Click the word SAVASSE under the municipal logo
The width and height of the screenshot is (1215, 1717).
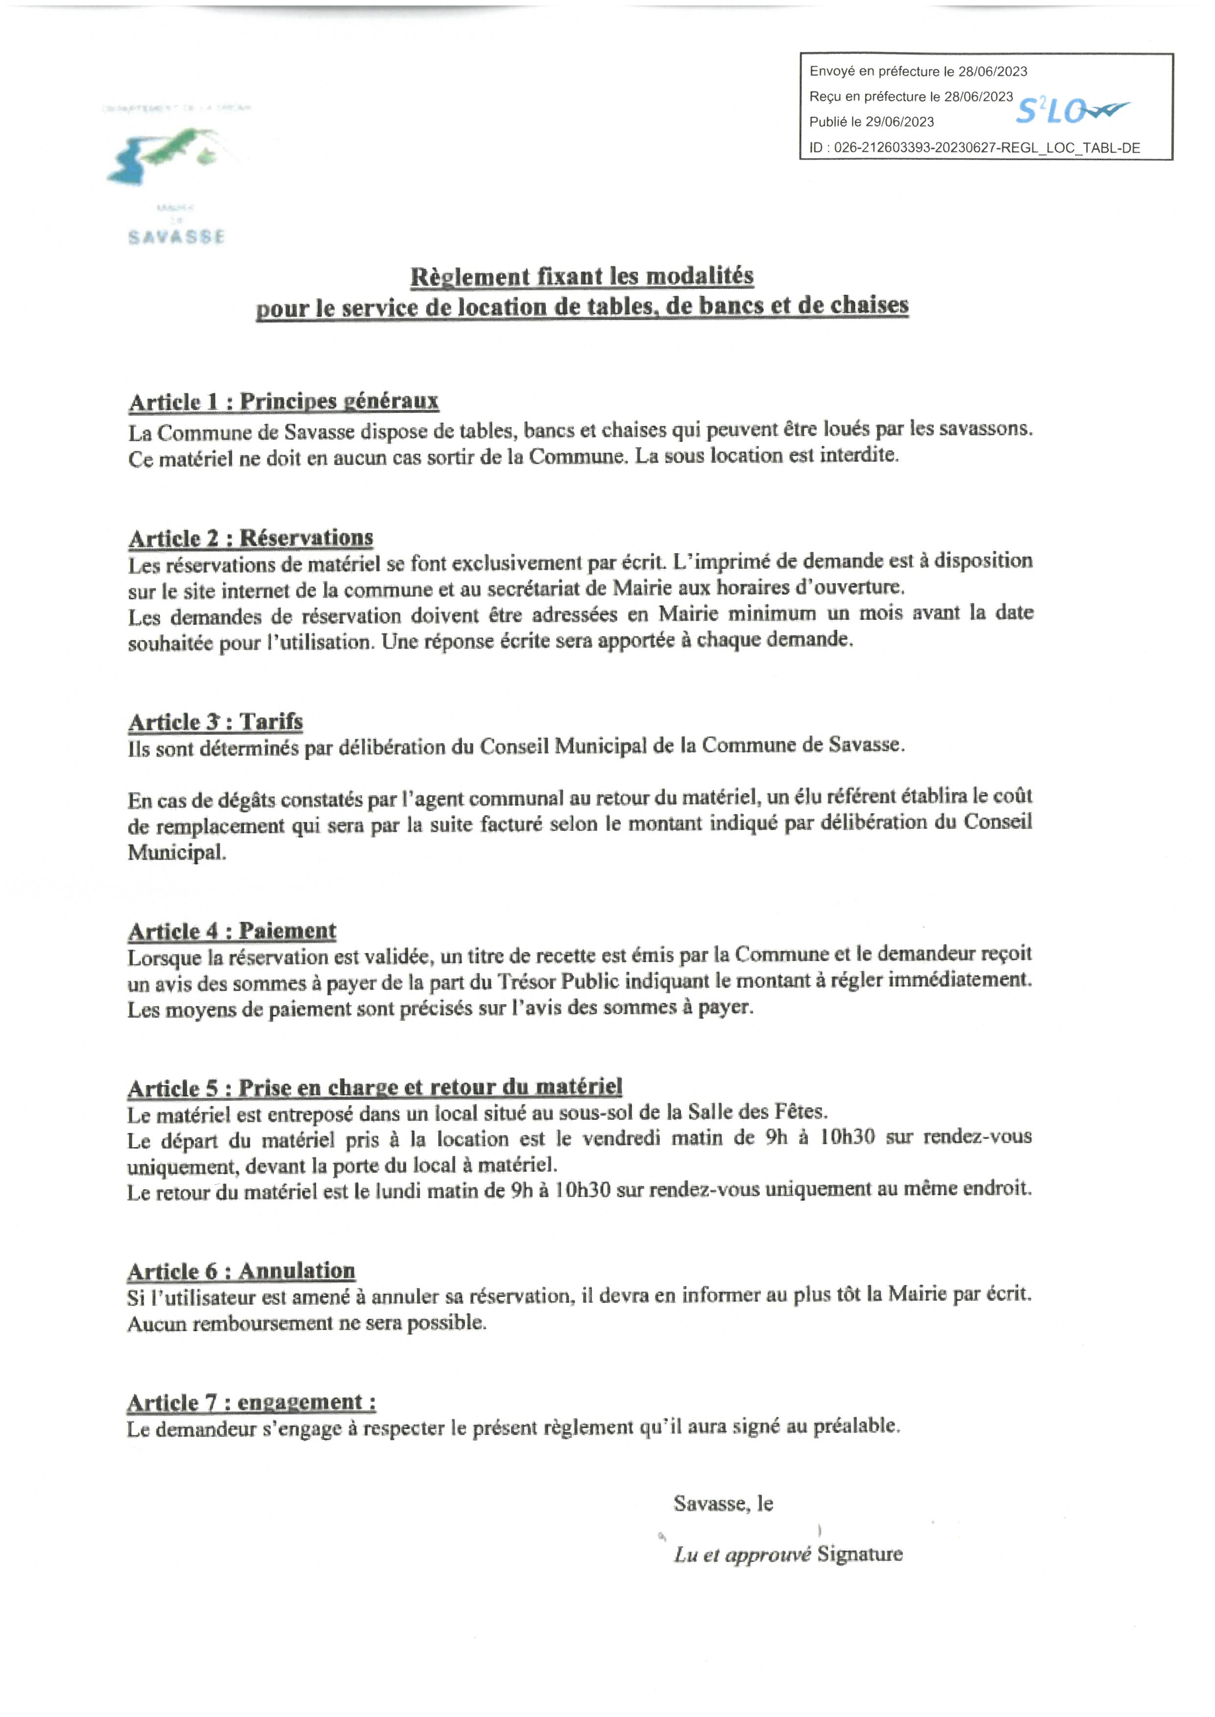coord(176,237)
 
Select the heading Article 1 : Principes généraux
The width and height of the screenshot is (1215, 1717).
coord(284,401)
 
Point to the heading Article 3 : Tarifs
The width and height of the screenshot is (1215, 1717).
coord(216,722)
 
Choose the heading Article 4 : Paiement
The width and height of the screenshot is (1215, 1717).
coord(232,931)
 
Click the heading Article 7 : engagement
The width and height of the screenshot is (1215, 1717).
coord(251,1402)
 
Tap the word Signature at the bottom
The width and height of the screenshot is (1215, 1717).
coord(860,1554)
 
